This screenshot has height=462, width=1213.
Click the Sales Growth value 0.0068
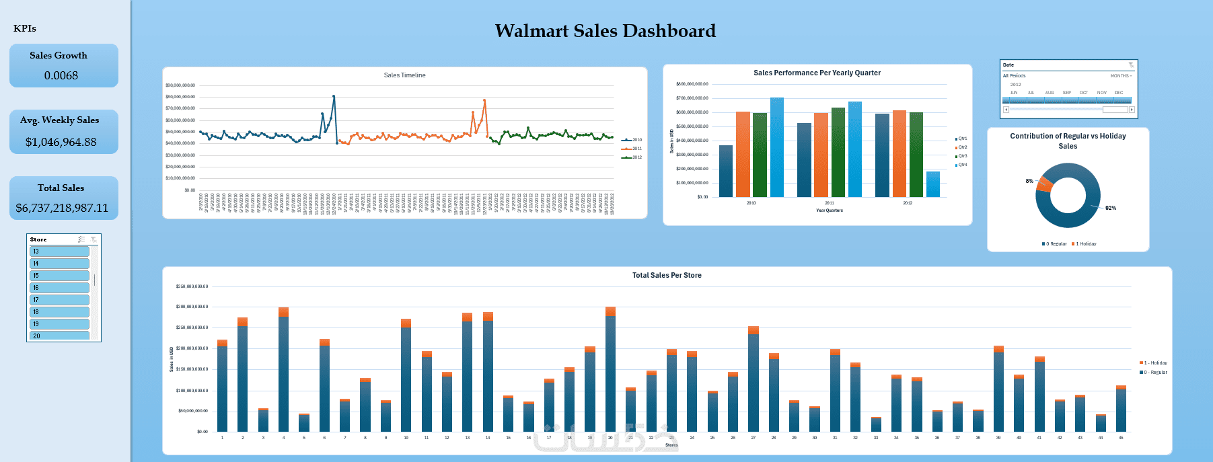61,75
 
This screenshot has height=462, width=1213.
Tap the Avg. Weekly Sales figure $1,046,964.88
61,142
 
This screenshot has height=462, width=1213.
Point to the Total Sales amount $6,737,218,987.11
62,208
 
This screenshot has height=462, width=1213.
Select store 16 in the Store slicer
59,288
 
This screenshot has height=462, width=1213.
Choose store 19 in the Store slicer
59,324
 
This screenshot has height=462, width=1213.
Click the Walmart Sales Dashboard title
605,31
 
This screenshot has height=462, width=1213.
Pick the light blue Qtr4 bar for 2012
933,184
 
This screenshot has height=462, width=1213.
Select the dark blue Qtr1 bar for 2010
726,171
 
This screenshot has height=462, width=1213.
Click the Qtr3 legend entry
961,156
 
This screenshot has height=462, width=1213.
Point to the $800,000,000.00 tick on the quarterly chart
692,84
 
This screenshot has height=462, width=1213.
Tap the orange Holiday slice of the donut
1045,183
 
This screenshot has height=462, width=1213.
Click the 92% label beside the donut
1111,208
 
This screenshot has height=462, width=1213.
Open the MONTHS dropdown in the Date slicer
1121,76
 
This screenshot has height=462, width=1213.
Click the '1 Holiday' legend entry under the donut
1085,244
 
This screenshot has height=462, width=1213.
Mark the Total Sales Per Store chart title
667,275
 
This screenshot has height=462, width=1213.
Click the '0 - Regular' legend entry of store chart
1155,372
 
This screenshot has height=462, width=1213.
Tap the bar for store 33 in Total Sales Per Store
876,424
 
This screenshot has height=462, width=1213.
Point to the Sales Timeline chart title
404,75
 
